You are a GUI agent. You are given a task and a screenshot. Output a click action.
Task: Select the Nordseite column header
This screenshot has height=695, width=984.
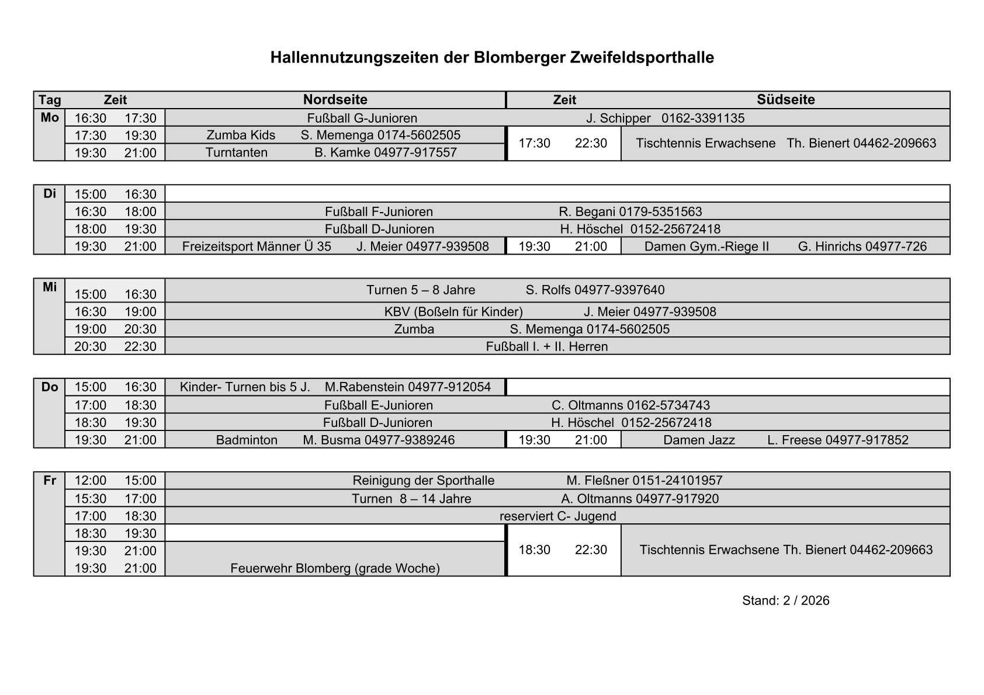pyautogui.click(x=335, y=100)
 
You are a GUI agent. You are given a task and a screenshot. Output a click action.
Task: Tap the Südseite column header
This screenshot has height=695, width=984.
pyautogui.click(x=785, y=100)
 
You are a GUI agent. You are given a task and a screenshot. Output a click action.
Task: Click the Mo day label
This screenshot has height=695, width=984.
pyautogui.click(x=50, y=118)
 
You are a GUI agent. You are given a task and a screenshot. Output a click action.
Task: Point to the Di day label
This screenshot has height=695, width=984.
pyautogui.click(x=50, y=193)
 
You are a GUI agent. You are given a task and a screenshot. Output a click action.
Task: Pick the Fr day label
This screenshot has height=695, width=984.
pyautogui.click(x=50, y=481)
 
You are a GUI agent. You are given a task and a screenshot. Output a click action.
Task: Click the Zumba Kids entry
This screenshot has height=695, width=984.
pyautogui.click(x=241, y=135)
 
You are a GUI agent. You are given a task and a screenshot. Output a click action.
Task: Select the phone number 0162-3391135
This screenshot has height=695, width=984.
pyautogui.click(x=703, y=119)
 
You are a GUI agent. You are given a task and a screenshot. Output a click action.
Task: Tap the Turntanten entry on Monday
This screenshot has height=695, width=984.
pyautogui.click(x=237, y=153)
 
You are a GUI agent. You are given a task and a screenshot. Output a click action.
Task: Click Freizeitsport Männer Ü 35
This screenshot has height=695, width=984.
pyautogui.click(x=257, y=246)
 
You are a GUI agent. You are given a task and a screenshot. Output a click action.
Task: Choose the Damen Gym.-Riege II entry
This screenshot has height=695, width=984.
pyautogui.click(x=706, y=246)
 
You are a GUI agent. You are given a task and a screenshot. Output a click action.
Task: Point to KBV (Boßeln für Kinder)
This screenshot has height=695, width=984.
pyautogui.click(x=453, y=312)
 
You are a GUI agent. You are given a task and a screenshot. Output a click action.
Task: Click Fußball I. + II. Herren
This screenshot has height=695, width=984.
pyautogui.click(x=547, y=347)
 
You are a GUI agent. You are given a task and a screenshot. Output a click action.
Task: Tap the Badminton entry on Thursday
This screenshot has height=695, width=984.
pyautogui.click(x=247, y=440)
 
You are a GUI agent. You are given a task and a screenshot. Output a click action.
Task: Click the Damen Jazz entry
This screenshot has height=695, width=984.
pyautogui.click(x=699, y=440)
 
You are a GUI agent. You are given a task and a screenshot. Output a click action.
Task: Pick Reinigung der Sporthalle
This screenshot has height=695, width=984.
pyautogui.click(x=423, y=481)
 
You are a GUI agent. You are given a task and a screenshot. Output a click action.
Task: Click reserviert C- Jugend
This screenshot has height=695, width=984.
pyautogui.click(x=557, y=516)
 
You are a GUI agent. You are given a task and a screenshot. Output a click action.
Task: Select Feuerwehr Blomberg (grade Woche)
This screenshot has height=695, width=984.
pyautogui.click(x=335, y=568)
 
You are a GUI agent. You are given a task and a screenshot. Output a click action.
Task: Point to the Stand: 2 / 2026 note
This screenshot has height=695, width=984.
pyautogui.click(x=785, y=601)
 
